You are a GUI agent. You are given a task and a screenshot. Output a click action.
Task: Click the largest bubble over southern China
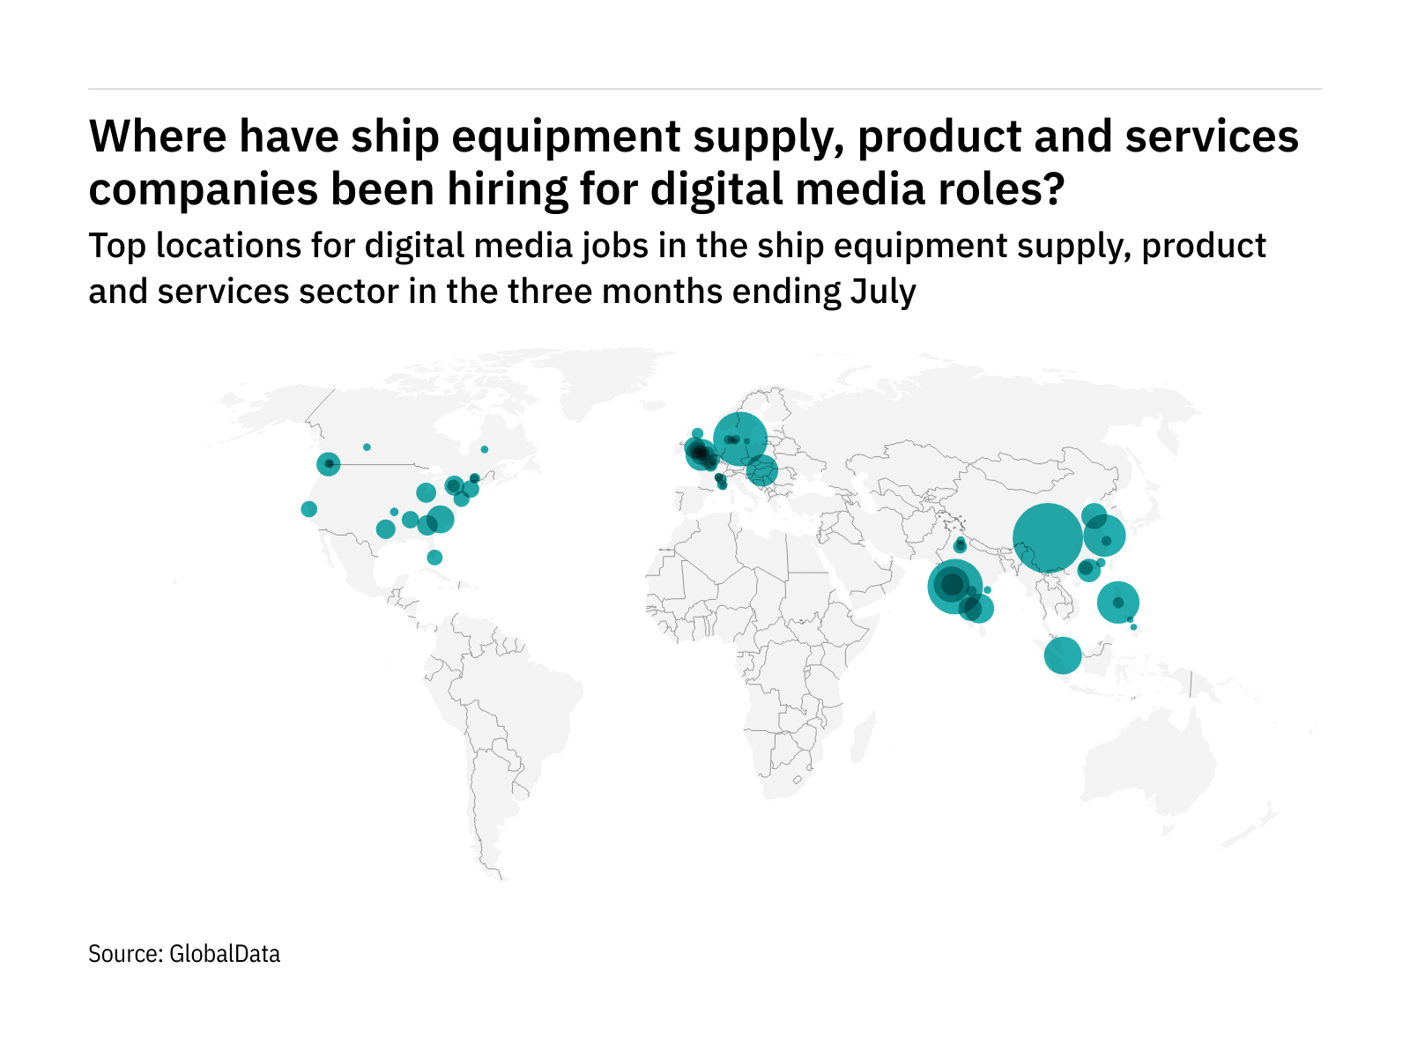point(1048,538)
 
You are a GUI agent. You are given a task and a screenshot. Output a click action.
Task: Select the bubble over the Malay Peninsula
point(1063,655)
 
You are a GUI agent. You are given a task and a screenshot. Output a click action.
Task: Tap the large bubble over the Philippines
point(1118,602)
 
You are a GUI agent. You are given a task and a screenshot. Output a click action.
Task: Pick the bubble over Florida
point(434,558)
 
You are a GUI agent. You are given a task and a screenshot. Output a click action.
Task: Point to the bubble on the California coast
point(308,509)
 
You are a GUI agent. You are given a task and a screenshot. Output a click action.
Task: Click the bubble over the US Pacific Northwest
point(329,463)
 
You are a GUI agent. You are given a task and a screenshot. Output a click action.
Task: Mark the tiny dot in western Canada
point(367,447)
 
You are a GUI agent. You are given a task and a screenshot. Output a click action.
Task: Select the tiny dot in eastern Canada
point(484,449)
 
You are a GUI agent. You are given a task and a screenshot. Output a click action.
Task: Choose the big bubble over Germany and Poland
point(740,439)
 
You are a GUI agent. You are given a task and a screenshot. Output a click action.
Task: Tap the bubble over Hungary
point(762,470)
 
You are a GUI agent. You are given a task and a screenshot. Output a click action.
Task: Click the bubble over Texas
point(385,529)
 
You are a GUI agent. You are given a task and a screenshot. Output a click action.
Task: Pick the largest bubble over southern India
point(954,585)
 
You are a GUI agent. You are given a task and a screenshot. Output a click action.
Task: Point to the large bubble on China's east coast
point(1104,536)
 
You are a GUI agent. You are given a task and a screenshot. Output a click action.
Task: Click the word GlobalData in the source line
point(225,954)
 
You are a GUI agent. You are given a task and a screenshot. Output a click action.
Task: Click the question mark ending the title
point(1053,188)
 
